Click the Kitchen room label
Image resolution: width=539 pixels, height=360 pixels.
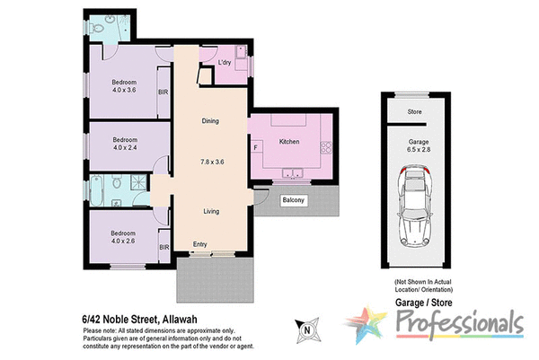pyautogui.click(x=288, y=143)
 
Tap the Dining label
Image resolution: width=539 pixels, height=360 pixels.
pyautogui.click(x=209, y=120)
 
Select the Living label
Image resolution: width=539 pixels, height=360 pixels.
pyautogui.click(x=210, y=212)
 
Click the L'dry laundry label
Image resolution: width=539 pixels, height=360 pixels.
pyautogui.click(x=225, y=63)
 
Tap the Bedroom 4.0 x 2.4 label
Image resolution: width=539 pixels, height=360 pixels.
pyautogui.click(x=124, y=145)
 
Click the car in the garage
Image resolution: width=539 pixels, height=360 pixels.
pyautogui.click(x=414, y=209)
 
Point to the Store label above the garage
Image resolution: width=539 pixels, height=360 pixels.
pyautogui.click(x=414, y=112)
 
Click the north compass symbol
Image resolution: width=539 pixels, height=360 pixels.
pyautogui.click(x=308, y=330)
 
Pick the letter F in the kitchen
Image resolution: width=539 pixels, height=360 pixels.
pyautogui.click(x=256, y=146)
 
